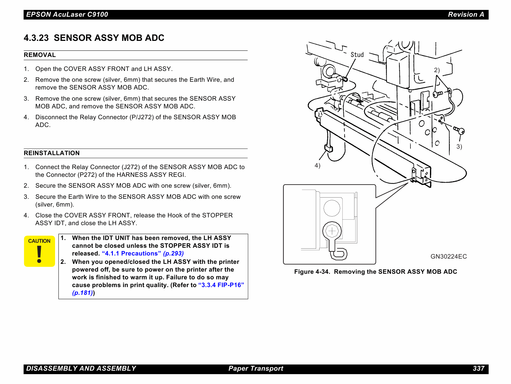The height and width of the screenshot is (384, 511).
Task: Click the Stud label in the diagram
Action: click(357, 55)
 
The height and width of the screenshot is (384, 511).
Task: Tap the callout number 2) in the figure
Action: click(436, 70)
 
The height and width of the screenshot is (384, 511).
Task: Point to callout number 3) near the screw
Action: click(459, 146)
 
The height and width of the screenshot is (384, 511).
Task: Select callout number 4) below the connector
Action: click(317, 165)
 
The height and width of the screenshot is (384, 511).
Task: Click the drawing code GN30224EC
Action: click(449, 256)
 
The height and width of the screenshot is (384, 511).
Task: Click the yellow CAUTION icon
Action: click(39, 251)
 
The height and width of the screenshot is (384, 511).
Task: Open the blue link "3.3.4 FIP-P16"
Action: click(221, 285)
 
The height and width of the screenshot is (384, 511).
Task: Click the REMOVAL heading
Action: click(40, 55)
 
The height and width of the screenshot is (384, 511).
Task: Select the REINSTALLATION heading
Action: click(52, 153)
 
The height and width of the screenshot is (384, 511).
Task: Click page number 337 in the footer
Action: click(478, 369)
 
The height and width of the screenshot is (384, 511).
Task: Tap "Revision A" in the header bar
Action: click(466, 15)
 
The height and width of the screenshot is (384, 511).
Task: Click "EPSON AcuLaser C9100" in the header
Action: click(67, 15)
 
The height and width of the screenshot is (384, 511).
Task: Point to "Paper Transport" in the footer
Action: click(256, 369)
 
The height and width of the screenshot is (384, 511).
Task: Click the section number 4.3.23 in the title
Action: click(36, 38)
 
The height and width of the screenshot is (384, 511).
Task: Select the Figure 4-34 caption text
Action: click(376, 272)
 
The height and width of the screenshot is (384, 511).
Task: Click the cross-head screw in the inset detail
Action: click(332, 231)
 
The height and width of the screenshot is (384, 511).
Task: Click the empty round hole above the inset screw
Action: click(332, 208)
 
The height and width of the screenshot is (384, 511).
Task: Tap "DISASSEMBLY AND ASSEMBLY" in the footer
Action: click(81, 369)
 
